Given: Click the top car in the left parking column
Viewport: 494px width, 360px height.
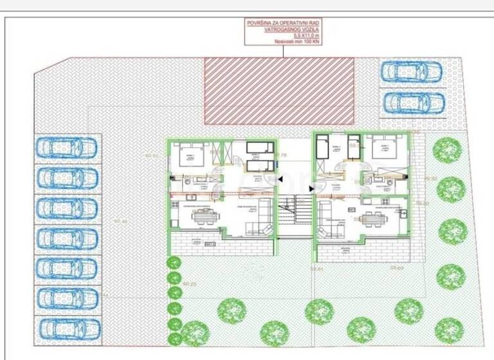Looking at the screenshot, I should click(67, 147).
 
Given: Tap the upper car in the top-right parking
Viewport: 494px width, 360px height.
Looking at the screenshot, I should click(412, 71).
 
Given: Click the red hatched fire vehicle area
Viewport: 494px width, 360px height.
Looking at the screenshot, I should click(280, 90).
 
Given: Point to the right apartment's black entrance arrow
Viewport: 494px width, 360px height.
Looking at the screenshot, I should click(311, 188).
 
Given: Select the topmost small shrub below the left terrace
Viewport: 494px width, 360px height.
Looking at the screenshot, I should click(173, 262).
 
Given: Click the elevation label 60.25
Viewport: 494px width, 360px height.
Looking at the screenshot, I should click(189, 283).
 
